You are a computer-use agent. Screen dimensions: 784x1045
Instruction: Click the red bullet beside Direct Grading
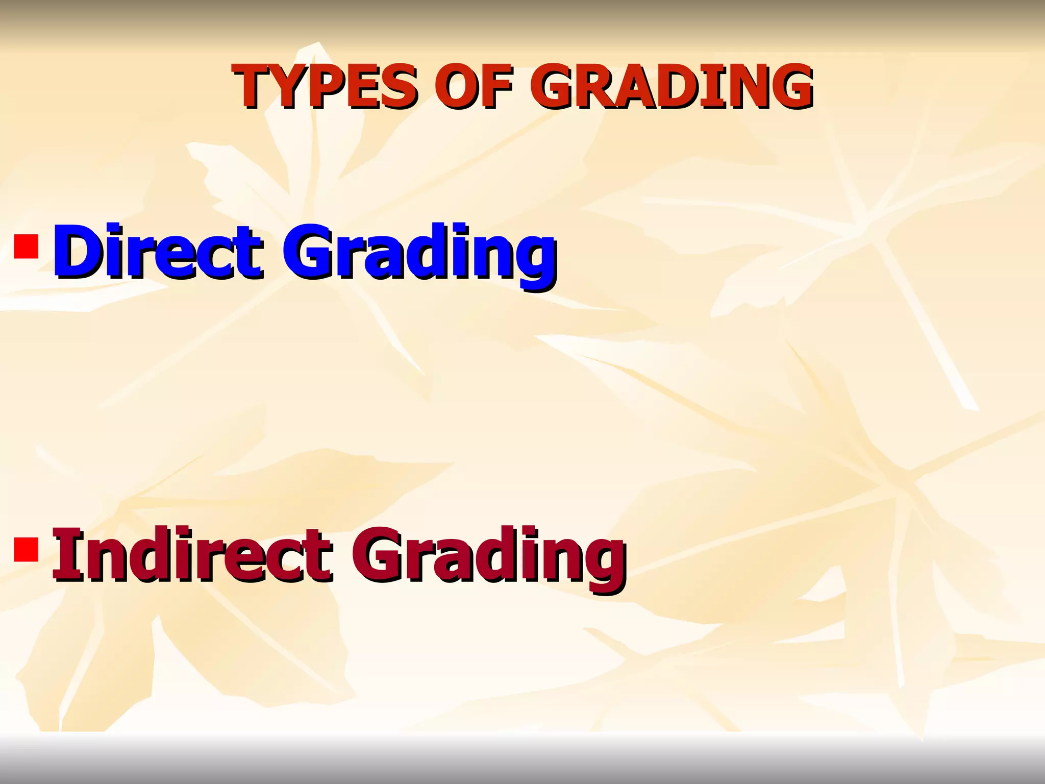tap(26, 246)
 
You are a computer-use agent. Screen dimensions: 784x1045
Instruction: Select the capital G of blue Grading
tap(308, 254)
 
